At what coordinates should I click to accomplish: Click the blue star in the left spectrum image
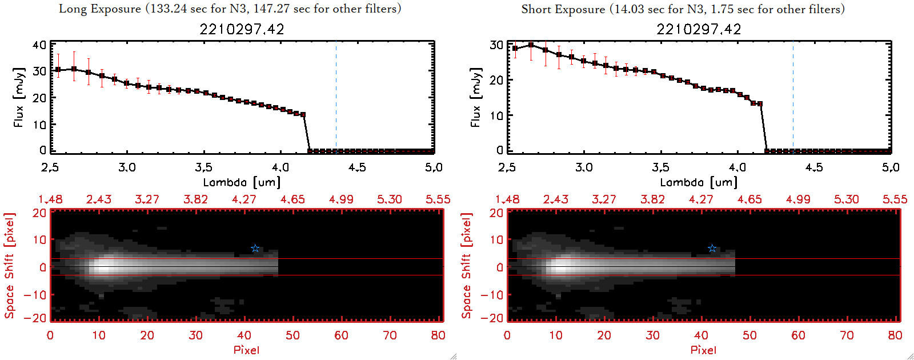255,248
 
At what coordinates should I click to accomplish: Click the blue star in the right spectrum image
712,248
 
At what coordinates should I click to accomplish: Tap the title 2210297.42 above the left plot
242,29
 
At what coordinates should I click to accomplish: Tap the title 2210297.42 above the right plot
699,29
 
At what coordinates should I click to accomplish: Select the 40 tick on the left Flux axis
39,45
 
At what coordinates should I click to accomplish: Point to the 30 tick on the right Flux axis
496,45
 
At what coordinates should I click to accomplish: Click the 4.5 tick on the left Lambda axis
357,167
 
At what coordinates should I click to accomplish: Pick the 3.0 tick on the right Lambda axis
584,167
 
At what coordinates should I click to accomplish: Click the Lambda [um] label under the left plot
242,182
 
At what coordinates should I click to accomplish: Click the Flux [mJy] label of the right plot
475,97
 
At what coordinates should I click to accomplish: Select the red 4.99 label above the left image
341,199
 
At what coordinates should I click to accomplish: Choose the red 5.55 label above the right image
895,199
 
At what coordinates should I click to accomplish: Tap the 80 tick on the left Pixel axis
438,335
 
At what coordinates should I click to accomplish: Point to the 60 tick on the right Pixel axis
798,335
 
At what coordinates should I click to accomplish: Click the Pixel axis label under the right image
703,350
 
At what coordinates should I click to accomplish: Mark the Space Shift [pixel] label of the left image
9,266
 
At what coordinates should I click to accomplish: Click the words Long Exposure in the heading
100,9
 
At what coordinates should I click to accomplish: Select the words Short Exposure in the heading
563,9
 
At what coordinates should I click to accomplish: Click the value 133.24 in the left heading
169,9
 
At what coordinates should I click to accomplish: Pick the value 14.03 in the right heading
630,9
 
